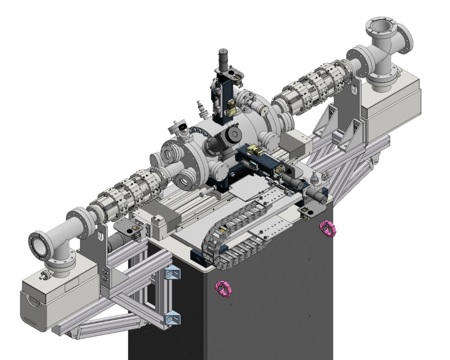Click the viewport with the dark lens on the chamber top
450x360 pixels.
[180, 127]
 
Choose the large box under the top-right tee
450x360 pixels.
[391, 101]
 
